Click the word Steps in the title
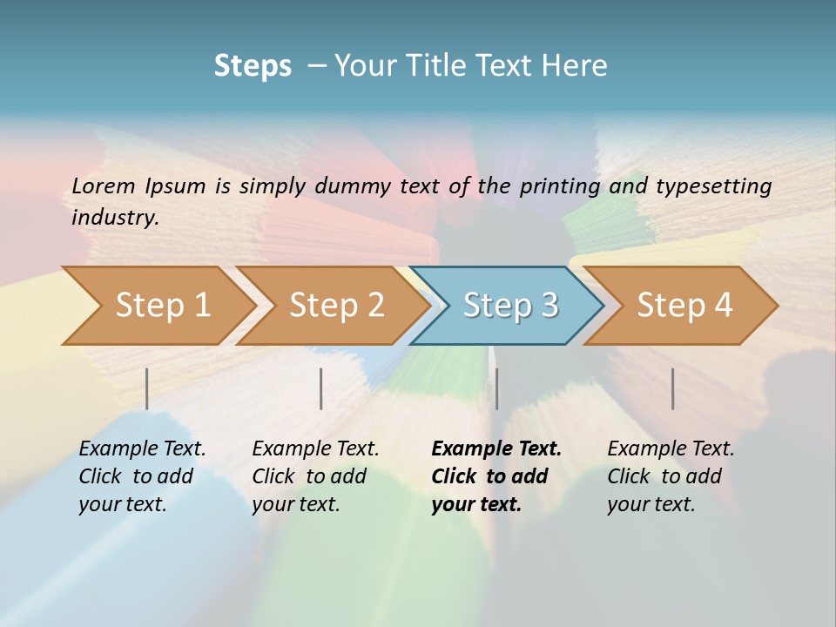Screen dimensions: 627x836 click(253, 66)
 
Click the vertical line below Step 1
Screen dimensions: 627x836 click(147, 388)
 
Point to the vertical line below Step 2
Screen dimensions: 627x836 click(321, 388)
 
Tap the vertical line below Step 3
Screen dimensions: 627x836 click(497, 388)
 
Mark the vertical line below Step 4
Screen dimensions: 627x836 click(673, 388)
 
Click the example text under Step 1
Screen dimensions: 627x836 click(142, 476)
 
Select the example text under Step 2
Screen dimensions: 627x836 click(315, 476)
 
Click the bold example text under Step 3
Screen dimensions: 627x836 click(496, 476)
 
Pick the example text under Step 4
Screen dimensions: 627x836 click(671, 476)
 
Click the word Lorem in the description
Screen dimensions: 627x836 click(104, 185)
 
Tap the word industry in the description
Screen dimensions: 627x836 click(115, 218)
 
